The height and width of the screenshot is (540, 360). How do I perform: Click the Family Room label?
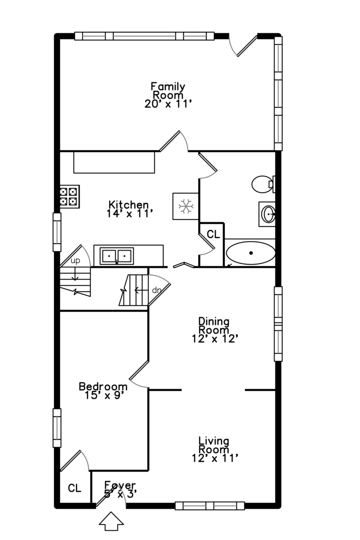(168, 90)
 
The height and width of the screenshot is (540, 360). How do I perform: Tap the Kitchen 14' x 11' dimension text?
(129, 213)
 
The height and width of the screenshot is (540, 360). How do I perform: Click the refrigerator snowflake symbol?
(186, 205)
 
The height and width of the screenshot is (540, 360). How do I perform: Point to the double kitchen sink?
(117, 256)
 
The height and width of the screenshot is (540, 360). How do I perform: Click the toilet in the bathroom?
(262, 184)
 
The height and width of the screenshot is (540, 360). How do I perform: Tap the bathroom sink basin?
(268, 215)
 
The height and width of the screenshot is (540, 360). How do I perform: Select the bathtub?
(250, 253)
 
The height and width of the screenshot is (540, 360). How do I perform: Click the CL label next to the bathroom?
(213, 234)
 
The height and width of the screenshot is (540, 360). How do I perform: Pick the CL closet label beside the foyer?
(74, 488)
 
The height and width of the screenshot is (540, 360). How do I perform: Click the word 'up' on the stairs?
(75, 260)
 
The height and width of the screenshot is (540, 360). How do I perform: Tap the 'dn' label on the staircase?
(156, 290)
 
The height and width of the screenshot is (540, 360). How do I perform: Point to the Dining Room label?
(213, 325)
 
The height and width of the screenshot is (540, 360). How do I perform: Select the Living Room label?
(213, 445)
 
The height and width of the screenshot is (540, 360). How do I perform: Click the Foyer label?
(119, 485)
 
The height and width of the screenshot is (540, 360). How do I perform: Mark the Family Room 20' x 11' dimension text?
(168, 103)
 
